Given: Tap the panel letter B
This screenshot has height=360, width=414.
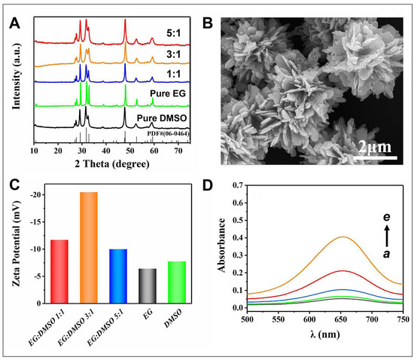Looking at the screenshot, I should point(210,23).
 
